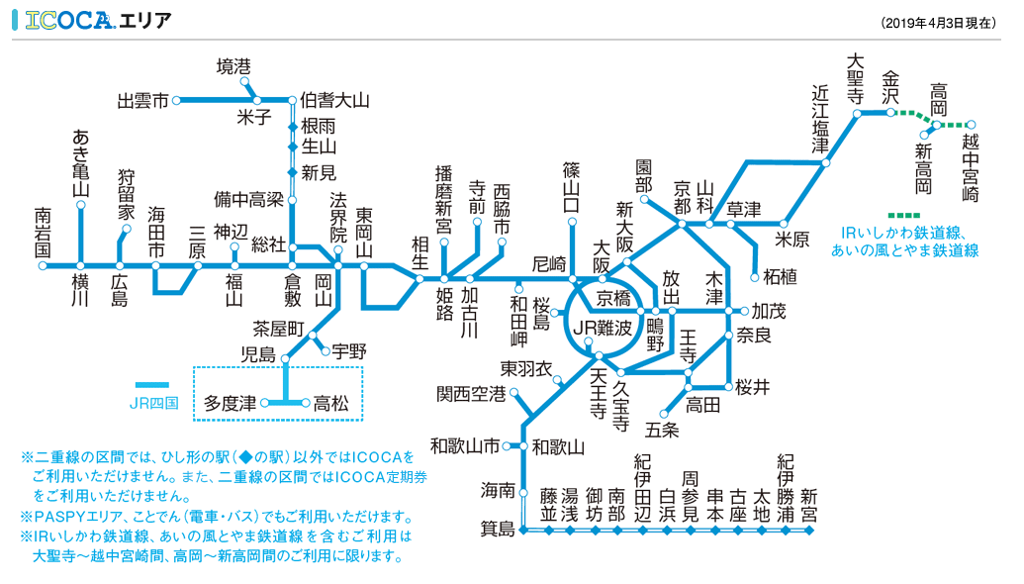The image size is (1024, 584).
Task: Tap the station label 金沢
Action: pyautogui.click(x=890, y=87)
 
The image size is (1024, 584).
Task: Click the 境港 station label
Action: pyautogui.click(x=233, y=66)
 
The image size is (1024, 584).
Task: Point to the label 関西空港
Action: pyautogui.click(x=471, y=394)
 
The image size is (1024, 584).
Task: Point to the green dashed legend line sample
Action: pyautogui.click(x=904, y=215)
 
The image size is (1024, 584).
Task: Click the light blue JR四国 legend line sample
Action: pyautogui.click(x=151, y=384)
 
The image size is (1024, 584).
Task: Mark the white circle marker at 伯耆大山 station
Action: pyautogui.click(x=293, y=100)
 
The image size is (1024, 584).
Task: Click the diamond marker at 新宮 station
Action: pyautogui.click(x=809, y=532)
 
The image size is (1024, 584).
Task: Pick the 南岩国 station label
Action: pyautogui.click(x=43, y=233)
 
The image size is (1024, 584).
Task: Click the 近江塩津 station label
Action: pyautogui.click(x=820, y=117)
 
